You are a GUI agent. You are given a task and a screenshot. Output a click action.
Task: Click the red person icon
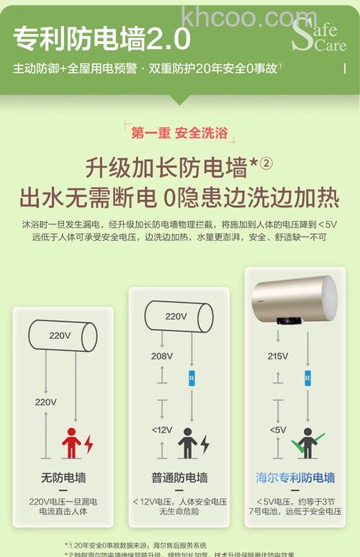pyautogui.click(x=71, y=442)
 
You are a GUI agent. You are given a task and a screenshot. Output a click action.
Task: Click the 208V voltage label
pyautogui.click(x=162, y=356)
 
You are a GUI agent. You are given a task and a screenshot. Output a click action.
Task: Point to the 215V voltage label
pyautogui.click(x=278, y=356)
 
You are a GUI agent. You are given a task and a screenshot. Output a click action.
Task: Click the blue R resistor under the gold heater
pyautogui.click(x=307, y=376)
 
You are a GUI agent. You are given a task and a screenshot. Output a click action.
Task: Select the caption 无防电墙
pyautogui.click(x=63, y=477)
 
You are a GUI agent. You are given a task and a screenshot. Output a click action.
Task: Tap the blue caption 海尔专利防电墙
pyautogui.click(x=295, y=477)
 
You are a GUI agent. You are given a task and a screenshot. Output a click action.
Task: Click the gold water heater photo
pyautogui.click(x=294, y=303)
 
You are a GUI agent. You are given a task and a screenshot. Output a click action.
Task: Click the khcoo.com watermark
pyautogui.click(x=249, y=16)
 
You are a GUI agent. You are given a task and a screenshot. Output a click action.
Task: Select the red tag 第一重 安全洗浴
pyautogui.click(x=179, y=132)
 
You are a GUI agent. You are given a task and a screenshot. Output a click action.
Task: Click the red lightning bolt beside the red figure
pyautogui.click(x=89, y=443)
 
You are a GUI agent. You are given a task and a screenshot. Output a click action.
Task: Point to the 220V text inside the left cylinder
pyautogui.click(x=60, y=335)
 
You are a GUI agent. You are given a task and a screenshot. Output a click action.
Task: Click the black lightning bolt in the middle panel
pyautogui.click(x=204, y=443)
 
